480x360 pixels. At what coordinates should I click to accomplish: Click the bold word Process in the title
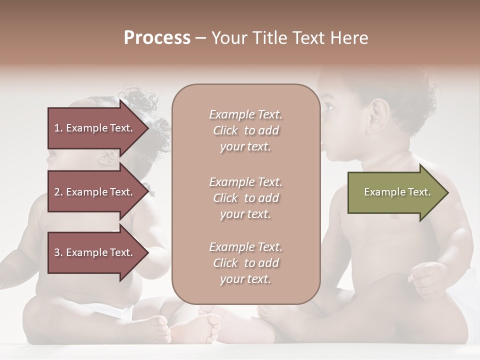pyautogui.click(x=157, y=38)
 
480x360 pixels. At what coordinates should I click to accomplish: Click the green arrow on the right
pyautogui.click(x=395, y=192)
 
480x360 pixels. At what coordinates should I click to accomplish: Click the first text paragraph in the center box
pyautogui.click(x=245, y=130)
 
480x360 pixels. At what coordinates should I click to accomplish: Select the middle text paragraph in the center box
pyautogui.click(x=245, y=198)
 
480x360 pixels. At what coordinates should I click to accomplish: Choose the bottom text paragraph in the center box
pyautogui.click(x=245, y=263)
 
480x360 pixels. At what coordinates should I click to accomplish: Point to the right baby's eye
pyautogui.click(x=328, y=106)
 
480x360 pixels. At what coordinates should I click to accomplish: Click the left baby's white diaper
pyautogui.click(x=120, y=312)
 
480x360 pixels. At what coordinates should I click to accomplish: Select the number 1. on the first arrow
pyautogui.click(x=58, y=128)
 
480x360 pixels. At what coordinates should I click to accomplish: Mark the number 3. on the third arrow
pyautogui.click(x=58, y=252)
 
